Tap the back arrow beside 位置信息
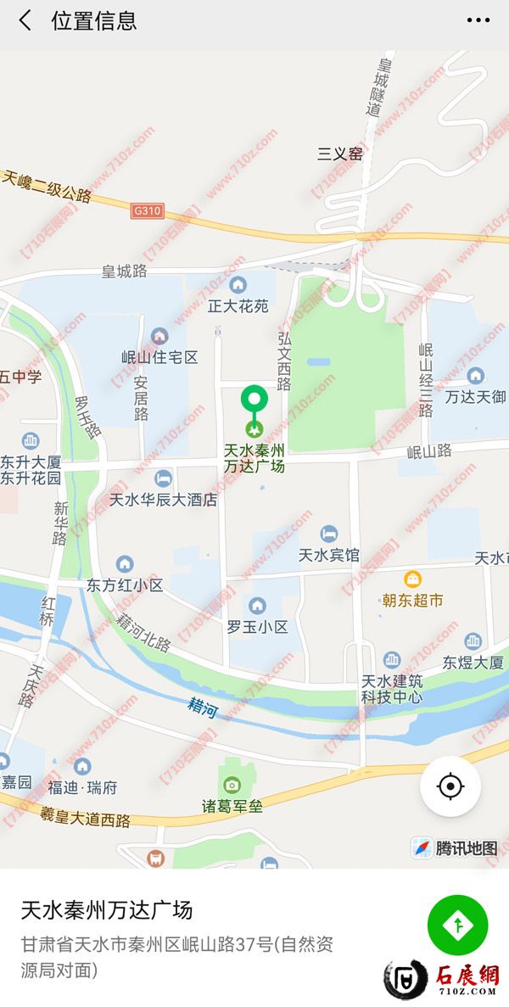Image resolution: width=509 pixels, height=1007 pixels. point(25,21)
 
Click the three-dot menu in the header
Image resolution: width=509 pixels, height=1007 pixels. point(478,20)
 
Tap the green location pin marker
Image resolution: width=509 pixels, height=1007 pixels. point(254,400)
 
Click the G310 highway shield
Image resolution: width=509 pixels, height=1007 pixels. point(146,209)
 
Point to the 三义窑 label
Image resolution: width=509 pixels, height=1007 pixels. point(339,154)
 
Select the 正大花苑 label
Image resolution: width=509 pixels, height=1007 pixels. point(238,305)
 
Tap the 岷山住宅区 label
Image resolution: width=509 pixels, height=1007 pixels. point(159,357)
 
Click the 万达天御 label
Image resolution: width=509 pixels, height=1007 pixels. point(476,396)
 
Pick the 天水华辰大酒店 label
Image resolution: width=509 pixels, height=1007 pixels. point(164,500)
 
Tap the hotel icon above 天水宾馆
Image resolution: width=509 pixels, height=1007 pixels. point(329,534)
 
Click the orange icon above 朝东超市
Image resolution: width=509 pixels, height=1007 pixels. point(412,580)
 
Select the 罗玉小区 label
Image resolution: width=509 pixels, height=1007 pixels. point(257,627)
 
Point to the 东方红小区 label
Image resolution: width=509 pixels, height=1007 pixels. point(125,585)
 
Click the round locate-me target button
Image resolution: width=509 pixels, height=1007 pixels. point(450,786)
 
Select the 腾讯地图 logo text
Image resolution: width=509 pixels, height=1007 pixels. point(466,848)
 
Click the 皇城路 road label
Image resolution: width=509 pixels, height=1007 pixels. point(125,271)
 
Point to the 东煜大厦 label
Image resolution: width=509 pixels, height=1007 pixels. point(473,662)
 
